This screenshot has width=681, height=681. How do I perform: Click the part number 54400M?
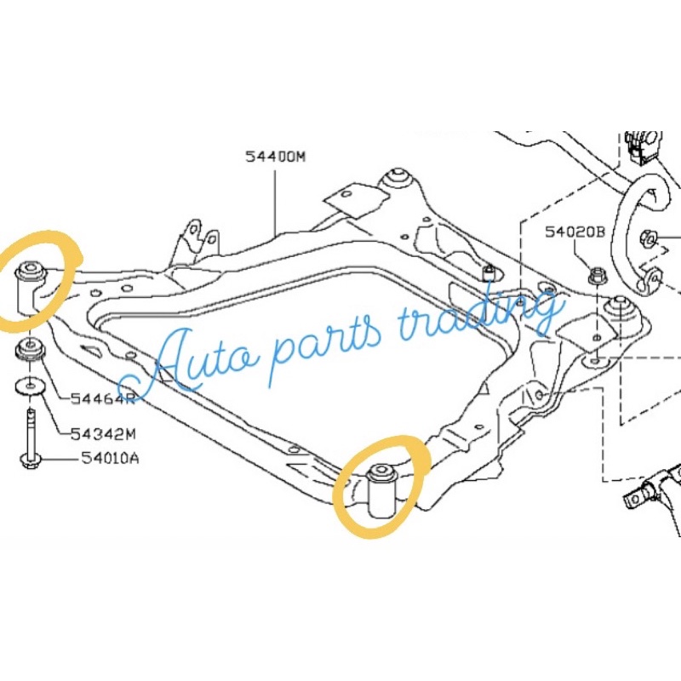[274, 157]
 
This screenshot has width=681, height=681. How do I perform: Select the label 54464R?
[103, 398]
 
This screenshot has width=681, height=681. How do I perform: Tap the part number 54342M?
[104, 432]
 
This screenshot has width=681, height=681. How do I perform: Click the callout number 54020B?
[576, 231]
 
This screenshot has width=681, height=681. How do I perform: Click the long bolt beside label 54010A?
[31, 438]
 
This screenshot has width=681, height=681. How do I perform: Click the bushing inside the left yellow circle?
[31, 283]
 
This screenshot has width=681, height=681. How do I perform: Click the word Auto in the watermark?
[170, 362]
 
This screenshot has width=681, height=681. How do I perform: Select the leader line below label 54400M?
[274, 200]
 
